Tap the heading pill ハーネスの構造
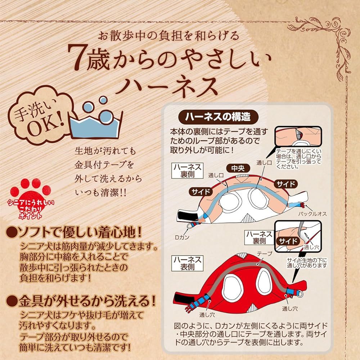(218, 117)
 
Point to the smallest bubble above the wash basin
(103, 100)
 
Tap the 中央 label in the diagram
(238, 168)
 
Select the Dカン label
(182, 237)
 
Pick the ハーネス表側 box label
(187, 263)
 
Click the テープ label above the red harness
(264, 254)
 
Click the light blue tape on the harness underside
(243, 188)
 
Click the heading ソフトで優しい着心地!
(74, 233)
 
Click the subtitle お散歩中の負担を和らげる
(168, 36)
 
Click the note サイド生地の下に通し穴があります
(307, 263)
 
